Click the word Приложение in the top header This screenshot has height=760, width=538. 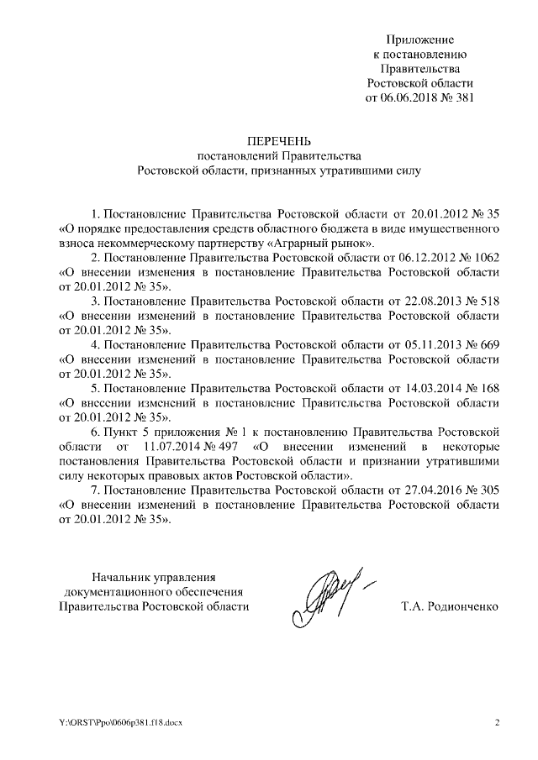(x=419, y=39)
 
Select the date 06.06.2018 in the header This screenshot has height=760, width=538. (x=412, y=97)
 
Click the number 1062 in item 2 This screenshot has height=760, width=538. (x=486, y=258)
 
